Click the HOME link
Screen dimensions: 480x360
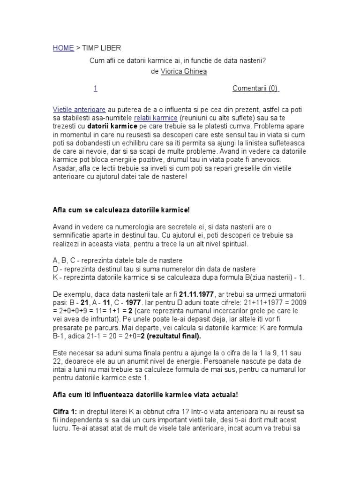(x=63, y=48)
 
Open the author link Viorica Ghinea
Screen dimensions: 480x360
(x=184, y=71)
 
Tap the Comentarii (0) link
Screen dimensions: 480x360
(x=255, y=88)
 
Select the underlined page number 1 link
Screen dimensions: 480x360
(x=95, y=88)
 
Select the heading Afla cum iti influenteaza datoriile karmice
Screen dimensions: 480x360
(x=145, y=395)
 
